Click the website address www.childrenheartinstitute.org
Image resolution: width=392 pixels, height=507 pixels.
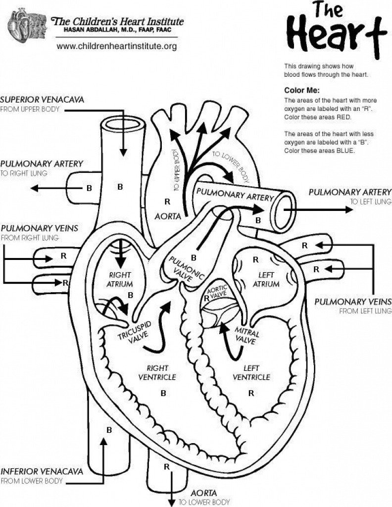tap(117, 46)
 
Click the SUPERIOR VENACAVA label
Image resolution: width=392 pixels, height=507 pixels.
tap(42, 100)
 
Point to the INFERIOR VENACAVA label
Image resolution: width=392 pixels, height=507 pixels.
tap(41, 471)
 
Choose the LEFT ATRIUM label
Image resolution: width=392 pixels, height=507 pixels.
tap(266, 279)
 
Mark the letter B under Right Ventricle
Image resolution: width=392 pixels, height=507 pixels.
tap(163, 393)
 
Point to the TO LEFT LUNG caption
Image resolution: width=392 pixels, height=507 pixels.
tap(371, 202)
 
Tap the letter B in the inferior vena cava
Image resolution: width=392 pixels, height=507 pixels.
tap(109, 430)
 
